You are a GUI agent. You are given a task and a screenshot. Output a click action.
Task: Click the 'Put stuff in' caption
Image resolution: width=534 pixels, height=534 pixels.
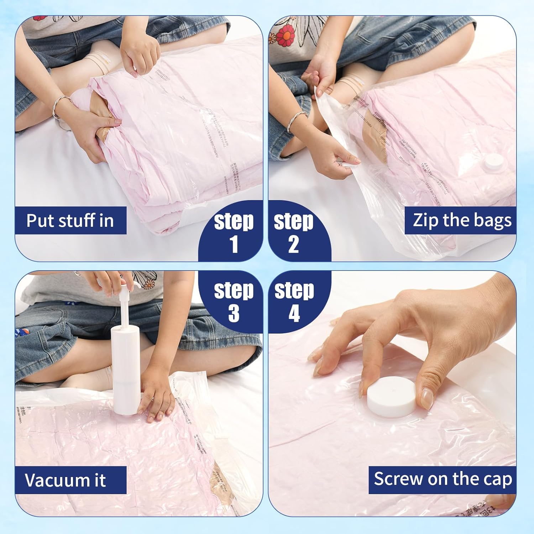(70, 220)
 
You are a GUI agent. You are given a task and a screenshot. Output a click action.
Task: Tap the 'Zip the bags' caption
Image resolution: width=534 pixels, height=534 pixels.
(462, 220)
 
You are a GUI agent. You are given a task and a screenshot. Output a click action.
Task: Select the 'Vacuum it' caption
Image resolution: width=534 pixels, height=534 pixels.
(65, 480)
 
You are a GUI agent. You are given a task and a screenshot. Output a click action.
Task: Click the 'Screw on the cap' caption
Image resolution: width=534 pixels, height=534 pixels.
(443, 479)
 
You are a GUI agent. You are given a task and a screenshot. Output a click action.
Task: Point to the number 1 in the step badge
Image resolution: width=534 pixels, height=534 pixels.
(234, 245)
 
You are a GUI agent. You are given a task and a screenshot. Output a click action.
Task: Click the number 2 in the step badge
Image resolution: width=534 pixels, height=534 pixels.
(293, 245)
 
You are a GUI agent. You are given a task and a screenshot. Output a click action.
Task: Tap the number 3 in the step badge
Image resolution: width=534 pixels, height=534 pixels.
(234, 313)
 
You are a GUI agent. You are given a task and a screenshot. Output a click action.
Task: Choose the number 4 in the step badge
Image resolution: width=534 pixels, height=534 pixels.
(294, 313)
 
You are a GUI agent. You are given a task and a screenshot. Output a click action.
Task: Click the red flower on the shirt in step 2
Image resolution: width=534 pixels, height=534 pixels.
(285, 35)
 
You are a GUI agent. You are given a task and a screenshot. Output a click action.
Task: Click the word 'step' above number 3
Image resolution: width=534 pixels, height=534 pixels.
(234, 290)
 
